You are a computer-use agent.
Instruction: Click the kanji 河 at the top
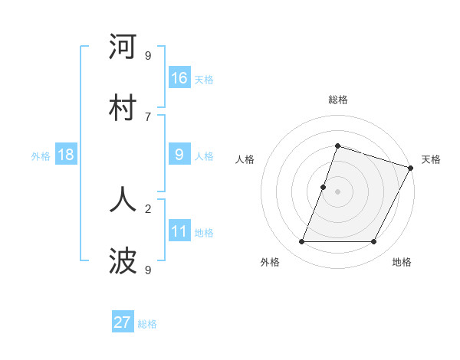[123, 47]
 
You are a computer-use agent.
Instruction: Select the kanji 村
[123, 108]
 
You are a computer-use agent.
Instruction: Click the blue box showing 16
[179, 78]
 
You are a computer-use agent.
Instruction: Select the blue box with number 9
[179, 155]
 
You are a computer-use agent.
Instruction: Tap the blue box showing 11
[179, 231]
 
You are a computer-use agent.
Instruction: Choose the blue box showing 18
[66, 155]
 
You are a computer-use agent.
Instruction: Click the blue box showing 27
[123, 322]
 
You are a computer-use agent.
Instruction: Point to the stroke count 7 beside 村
[148, 116]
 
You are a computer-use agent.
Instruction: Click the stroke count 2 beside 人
[148, 208]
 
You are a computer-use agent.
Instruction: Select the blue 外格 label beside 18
[41, 155]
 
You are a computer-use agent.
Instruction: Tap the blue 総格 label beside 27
[147, 323]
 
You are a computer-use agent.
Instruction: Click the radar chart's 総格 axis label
[337, 100]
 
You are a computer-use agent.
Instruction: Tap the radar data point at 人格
[324, 187]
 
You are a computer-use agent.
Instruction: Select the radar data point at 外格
[301, 242]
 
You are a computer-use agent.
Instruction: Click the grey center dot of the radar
[337, 191]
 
